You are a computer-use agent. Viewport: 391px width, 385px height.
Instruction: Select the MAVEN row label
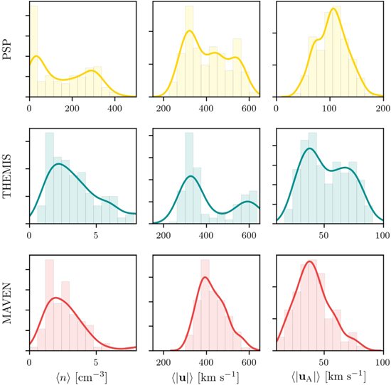click(x=9, y=304)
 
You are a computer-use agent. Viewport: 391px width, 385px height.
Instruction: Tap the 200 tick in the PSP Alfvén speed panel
click(x=382, y=109)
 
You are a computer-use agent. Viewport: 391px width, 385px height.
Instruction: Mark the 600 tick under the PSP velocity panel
click(x=250, y=109)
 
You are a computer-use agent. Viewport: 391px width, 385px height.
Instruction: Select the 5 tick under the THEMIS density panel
click(x=96, y=235)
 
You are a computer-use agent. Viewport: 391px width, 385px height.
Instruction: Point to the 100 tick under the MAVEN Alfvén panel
click(x=382, y=361)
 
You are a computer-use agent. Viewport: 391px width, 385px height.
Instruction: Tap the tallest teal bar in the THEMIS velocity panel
click(x=189, y=178)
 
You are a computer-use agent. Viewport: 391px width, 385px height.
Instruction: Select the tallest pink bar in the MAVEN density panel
click(x=49, y=305)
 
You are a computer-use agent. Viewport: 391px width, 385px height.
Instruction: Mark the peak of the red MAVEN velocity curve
click(x=205, y=277)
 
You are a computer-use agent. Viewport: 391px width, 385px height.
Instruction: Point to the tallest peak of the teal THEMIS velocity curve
click(x=191, y=175)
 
